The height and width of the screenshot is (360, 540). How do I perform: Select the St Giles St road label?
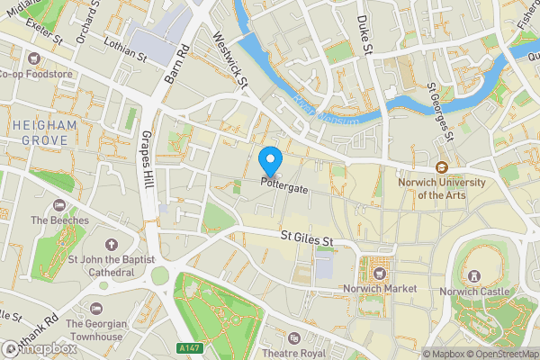click(x=307, y=240)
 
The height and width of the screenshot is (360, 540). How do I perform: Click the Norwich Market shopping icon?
click(x=378, y=269)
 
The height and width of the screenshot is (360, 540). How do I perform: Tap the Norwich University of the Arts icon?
click(x=442, y=167)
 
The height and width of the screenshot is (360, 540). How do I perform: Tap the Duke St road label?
click(x=364, y=36)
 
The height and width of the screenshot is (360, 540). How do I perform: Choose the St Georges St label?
click(x=438, y=112)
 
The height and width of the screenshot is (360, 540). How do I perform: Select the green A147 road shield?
click(x=188, y=347)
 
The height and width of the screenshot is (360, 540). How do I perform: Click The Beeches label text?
click(x=59, y=220)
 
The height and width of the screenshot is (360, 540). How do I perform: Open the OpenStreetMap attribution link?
click(x=497, y=353)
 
